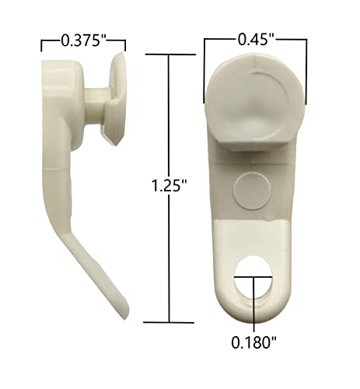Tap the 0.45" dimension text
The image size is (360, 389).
256,40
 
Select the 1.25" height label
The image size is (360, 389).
169,186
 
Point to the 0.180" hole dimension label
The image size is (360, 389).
253,343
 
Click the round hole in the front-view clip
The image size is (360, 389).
253,279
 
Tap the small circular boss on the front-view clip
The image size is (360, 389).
252,191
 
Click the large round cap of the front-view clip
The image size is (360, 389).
255,103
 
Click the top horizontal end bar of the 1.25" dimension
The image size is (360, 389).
170,54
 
